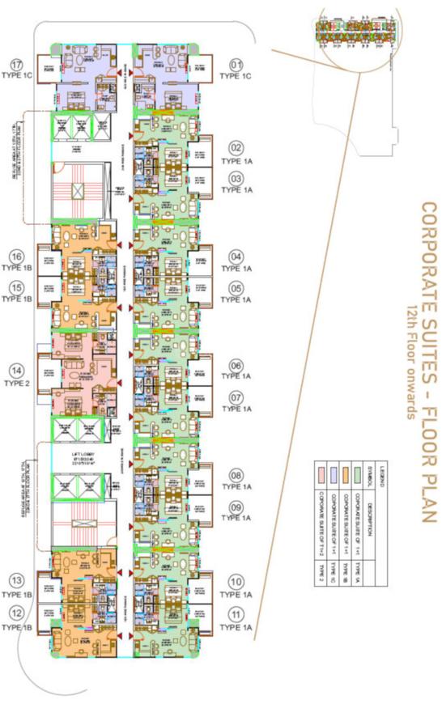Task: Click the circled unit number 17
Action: click(15, 65)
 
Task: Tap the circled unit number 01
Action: click(236, 64)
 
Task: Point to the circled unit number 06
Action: click(236, 365)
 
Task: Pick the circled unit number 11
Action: click(236, 613)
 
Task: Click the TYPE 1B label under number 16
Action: click(16, 267)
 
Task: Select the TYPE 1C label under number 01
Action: click(236, 75)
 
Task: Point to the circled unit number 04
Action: click(236, 257)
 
